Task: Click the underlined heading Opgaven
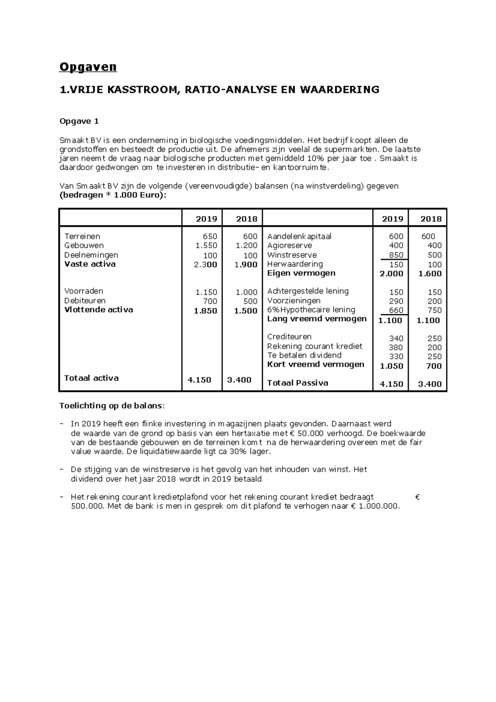[x=88, y=67]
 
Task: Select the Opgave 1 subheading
[x=79, y=121]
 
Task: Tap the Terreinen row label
[x=82, y=236]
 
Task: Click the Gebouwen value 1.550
[x=206, y=246]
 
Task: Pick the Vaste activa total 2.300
[x=205, y=265]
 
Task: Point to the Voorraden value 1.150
[x=206, y=292]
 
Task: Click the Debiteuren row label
[x=85, y=301]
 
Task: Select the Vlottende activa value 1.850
[x=205, y=311]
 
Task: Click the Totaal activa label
[x=91, y=378]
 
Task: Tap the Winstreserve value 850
[x=396, y=255]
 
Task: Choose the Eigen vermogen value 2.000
[x=391, y=273]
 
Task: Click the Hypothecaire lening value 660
[x=396, y=310]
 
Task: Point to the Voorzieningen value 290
[x=396, y=301]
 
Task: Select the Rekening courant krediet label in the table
[x=315, y=346]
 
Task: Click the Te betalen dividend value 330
[x=396, y=356]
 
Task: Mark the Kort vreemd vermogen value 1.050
[x=391, y=366]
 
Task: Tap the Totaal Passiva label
[x=298, y=383]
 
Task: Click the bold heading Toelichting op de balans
[x=111, y=406]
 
